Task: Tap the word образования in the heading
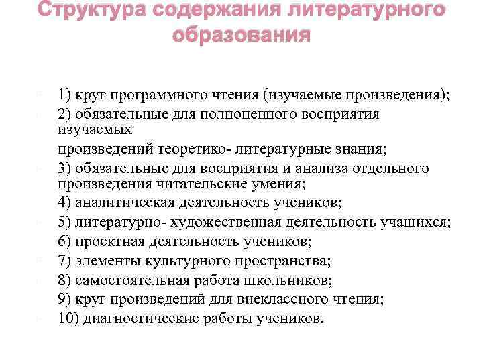pos(241,35)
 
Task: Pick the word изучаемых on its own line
pos(94,129)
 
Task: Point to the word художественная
pos(227,222)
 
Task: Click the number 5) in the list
pos(65,222)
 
